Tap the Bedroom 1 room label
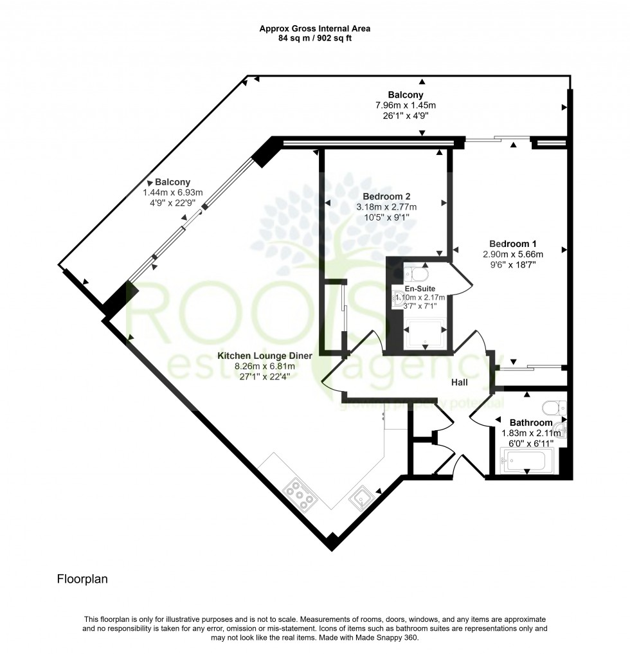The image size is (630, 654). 512,244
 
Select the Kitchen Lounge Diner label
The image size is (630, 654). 264,356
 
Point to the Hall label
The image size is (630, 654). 459,382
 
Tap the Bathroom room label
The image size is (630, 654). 530,422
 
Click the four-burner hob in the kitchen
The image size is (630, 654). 301,493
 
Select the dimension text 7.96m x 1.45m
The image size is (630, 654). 406,105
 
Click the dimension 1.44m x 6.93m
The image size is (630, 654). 172,192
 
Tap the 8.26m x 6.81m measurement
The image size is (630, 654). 264,367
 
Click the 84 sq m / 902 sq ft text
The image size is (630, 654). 314,38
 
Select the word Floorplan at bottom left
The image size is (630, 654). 82,579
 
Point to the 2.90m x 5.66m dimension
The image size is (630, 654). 512,254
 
